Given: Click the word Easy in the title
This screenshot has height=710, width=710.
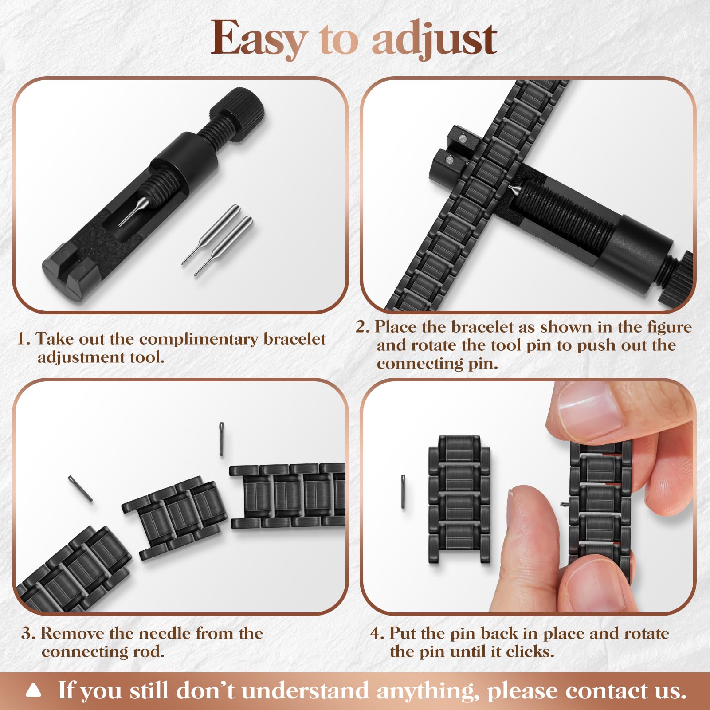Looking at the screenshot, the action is [x=259, y=39].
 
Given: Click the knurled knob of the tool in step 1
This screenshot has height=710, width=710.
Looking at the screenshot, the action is [x=238, y=113].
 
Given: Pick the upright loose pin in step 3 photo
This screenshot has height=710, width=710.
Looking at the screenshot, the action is [x=221, y=439].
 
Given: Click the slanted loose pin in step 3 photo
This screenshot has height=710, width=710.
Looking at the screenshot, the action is [x=80, y=488].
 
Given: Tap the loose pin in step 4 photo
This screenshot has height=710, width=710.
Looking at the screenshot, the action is [x=403, y=491].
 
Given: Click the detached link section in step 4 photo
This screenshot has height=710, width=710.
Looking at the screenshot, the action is [x=459, y=499].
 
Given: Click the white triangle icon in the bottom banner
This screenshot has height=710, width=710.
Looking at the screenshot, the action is [x=34, y=690].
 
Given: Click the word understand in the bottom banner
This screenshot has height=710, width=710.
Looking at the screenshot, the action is [x=305, y=690].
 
